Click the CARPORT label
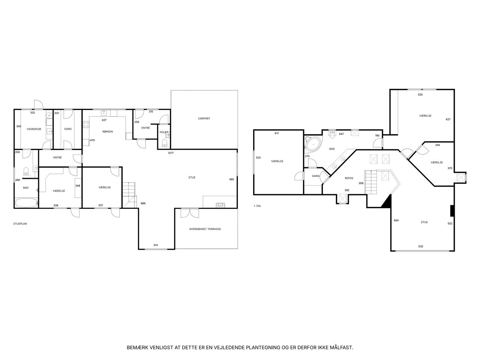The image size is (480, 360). [204, 118]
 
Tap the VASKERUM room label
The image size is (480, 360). [34, 129]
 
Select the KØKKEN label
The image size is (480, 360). [108, 132]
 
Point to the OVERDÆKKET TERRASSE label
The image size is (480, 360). [205, 229]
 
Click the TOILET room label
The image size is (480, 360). [163, 132]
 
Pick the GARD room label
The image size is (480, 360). [68, 129]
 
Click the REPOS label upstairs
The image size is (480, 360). [349, 178]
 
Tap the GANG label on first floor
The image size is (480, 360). [315, 176]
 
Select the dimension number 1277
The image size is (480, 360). [171, 153]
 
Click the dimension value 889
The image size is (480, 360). [143, 203]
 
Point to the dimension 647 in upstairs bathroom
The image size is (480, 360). [341, 134]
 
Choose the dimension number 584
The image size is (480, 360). [396, 220]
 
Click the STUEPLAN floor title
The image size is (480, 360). [20, 224]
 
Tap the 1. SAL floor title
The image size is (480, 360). [257, 206]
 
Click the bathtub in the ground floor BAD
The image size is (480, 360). [26, 202]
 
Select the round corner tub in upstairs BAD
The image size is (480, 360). [313, 144]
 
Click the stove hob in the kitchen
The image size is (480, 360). [86, 124]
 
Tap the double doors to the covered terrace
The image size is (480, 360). [190, 213]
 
